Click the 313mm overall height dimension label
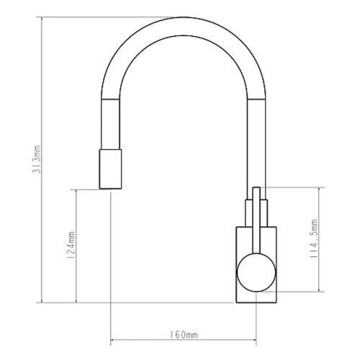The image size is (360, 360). pos(37,159)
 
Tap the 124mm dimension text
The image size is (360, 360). pos(70,245)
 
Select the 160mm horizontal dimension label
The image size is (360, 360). pos(184,335)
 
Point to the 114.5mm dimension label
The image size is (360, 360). pos(313,238)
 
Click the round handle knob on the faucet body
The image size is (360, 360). pos(256,272)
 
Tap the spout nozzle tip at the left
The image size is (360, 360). pos(110,169)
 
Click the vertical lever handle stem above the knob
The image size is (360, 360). pos(256,220)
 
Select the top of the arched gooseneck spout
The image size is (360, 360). pos(183,27)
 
